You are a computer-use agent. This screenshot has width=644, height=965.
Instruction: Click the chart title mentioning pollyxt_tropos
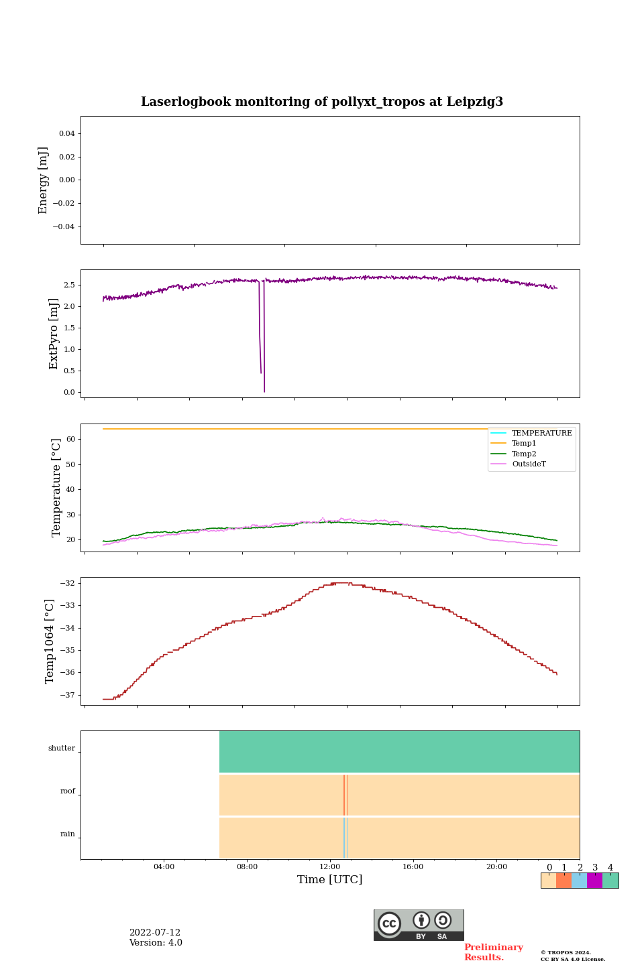pyautogui.click(x=322, y=102)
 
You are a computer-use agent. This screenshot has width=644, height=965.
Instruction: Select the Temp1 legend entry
pyautogui.click(x=524, y=444)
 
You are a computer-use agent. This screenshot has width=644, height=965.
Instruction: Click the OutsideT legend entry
pyautogui.click(x=529, y=464)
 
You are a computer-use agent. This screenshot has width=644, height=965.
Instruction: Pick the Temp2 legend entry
pyautogui.click(x=524, y=454)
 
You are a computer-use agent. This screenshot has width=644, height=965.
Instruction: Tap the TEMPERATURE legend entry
pyautogui.click(x=541, y=433)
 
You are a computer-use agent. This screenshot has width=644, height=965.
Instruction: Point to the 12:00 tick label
pyautogui.click(x=330, y=866)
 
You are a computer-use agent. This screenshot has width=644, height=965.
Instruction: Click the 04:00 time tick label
pyautogui.click(x=164, y=866)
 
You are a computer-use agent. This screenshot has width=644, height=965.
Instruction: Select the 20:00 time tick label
pyautogui.click(x=496, y=866)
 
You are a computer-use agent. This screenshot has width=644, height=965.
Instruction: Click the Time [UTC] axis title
pyautogui.click(x=330, y=879)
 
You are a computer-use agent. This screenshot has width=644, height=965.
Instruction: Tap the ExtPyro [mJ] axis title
pyautogui.click(x=54, y=334)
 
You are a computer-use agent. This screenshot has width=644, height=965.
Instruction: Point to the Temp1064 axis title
pyautogui.click(x=50, y=641)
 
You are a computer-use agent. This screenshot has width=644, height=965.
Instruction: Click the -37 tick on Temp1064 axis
pyautogui.click(x=67, y=695)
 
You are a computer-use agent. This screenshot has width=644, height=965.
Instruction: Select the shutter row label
pyautogui.click(x=62, y=748)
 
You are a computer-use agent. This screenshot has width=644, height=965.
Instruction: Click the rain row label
pyautogui.click(x=68, y=834)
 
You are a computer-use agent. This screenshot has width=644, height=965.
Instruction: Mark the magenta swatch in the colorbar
pyautogui.click(x=594, y=881)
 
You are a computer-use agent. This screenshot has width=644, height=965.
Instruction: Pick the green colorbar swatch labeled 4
pyautogui.click(x=610, y=881)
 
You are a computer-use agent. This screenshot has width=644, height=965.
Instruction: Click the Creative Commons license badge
pyautogui.click(x=419, y=925)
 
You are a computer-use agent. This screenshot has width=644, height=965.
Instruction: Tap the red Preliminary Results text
pyautogui.click(x=493, y=952)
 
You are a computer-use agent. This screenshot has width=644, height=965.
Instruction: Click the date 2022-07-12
pyautogui.click(x=155, y=933)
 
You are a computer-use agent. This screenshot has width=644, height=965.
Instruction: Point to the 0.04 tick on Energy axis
pyautogui.click(x=66, y=133)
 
